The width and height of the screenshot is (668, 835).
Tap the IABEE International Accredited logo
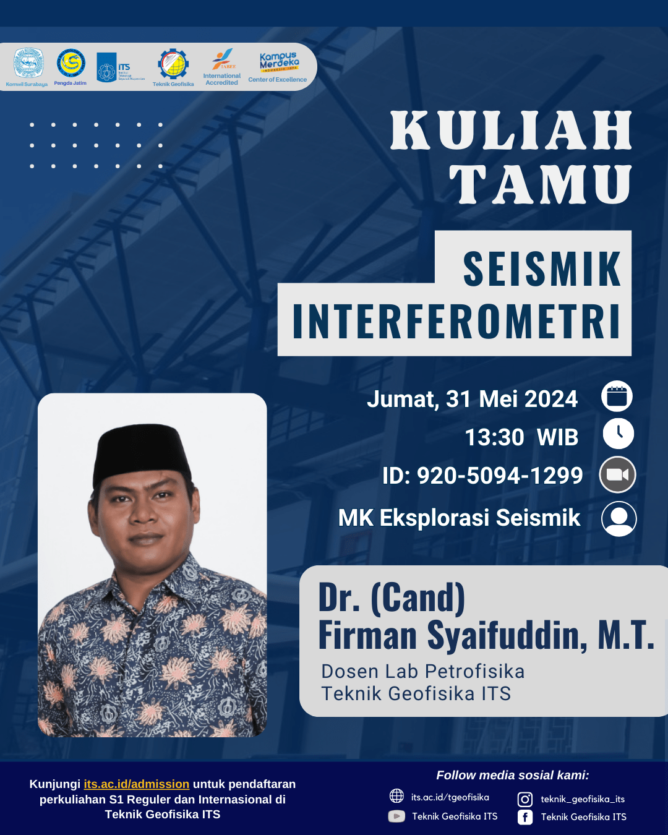222,66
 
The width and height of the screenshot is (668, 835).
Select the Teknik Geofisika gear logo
173,65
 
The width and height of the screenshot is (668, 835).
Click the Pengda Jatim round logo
71,64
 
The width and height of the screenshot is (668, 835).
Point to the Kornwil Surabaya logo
28,64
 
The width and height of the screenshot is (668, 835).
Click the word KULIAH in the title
511,131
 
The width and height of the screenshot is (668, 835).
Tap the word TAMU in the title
541,185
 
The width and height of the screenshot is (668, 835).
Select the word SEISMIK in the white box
541,269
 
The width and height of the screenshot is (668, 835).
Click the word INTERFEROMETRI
456,322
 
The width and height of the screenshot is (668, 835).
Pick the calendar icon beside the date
617,396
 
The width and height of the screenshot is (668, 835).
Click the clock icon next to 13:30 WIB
618,434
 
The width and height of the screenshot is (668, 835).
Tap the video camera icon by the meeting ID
617,474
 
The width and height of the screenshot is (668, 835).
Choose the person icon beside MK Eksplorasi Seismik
619,518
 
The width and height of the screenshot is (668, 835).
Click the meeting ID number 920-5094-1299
500,476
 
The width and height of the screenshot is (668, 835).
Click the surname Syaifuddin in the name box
507,636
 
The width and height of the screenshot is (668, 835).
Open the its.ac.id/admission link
137,784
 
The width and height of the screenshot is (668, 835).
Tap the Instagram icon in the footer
525,799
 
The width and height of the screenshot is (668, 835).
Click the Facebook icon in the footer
525,817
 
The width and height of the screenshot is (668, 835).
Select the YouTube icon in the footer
396,816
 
